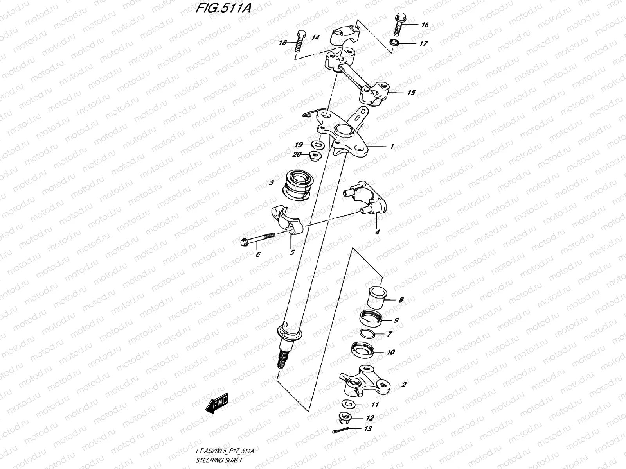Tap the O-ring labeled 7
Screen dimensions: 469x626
coord(367,334)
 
